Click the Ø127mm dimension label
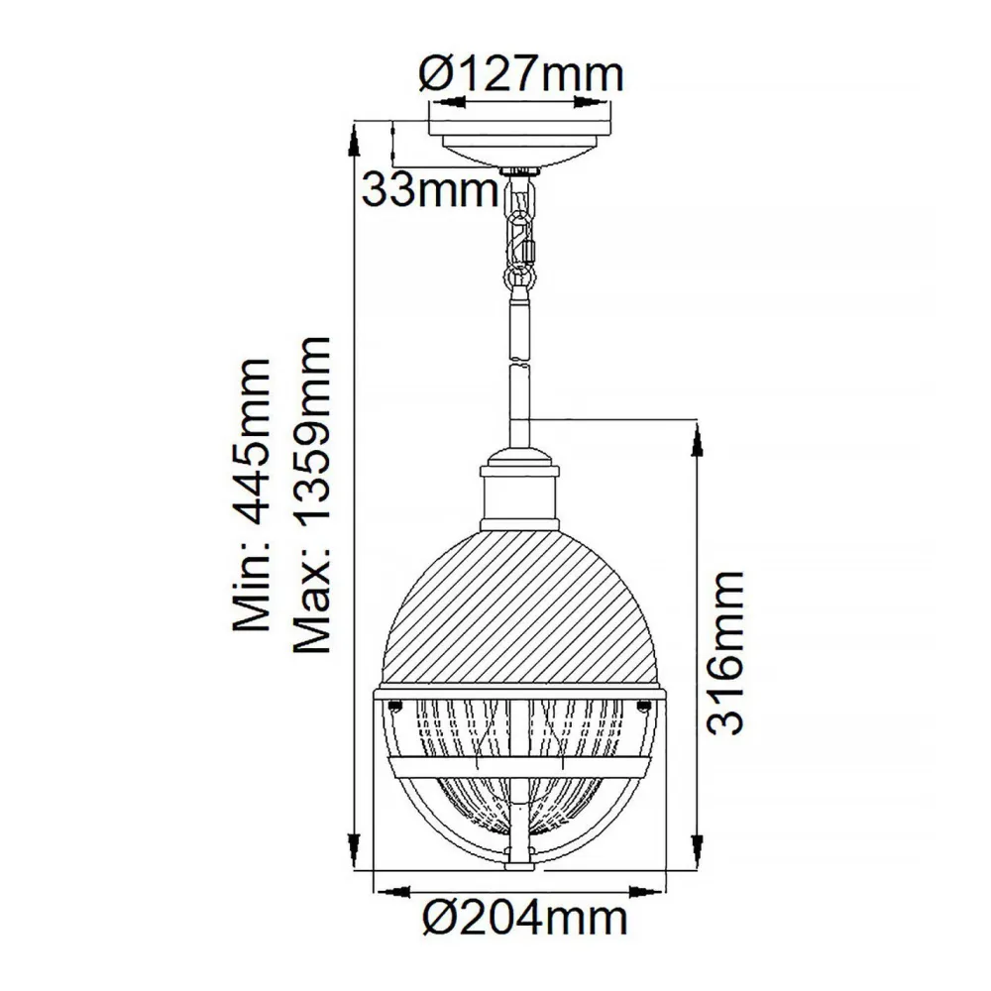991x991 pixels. click(x=521, y=73)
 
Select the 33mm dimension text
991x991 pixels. click(x=428, y=188)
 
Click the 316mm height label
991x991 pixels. click(x=730, y=651)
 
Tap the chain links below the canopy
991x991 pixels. click(x=519, y=233)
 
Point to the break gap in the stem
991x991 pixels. click(x=519, y=360)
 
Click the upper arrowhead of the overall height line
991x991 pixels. click(x=355, y=134)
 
